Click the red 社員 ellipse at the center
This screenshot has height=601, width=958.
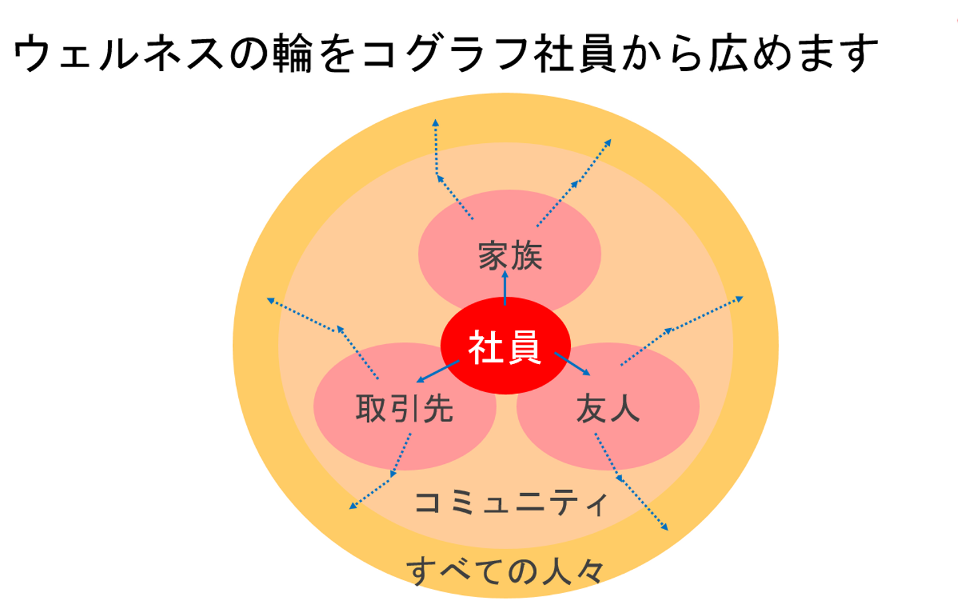point(505,346)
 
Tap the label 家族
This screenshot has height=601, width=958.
point(510,256)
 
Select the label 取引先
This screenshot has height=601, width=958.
point(404,408)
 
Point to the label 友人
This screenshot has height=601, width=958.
point(607,408)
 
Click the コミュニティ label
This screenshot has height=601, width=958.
point(511,502)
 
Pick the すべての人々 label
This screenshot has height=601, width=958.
point(506,571)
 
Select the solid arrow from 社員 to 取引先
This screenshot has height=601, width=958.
point(438,371)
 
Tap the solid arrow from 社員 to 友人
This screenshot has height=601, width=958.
point(573,364)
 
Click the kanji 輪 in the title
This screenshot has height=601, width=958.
point(293,53)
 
